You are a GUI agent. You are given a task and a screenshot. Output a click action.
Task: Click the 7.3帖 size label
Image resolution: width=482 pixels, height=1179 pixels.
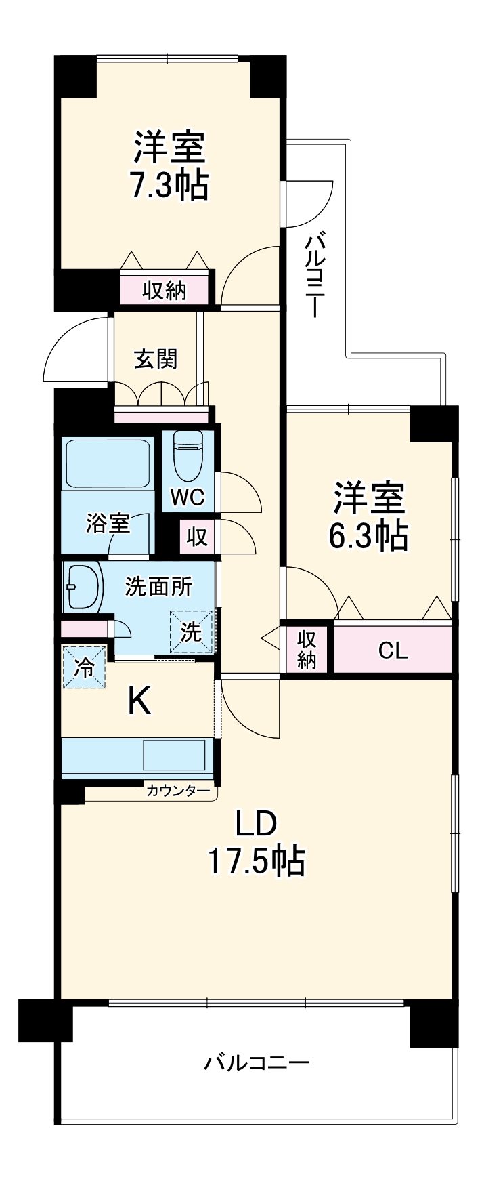(x=169, y=184)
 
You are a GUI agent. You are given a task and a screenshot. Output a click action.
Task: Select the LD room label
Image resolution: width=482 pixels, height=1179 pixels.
(x=256, y=824)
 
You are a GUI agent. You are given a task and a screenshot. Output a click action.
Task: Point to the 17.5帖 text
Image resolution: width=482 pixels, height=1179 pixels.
(x=256, y=862)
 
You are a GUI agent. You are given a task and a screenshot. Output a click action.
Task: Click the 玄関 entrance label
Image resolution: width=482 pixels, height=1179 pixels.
(x=156, y=359)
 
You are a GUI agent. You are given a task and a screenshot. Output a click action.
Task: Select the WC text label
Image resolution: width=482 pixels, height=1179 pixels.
(x=187, y=498)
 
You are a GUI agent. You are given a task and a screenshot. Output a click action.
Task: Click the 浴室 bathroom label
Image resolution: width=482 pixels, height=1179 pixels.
(x=108, y=523)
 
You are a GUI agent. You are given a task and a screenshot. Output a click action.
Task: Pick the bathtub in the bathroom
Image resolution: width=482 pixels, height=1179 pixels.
(x=106, y=463)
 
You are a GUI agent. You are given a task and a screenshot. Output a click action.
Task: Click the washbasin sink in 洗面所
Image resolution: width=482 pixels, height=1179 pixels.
(x=83, y=587)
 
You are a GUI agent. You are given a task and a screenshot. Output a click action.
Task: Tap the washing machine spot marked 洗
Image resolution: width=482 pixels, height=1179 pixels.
(x=191, y=632)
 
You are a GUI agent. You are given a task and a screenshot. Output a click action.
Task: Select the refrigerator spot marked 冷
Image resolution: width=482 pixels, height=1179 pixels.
(x=85, y=667)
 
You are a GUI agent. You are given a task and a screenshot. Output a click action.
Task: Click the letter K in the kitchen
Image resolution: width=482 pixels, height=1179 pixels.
(x=139, y=703)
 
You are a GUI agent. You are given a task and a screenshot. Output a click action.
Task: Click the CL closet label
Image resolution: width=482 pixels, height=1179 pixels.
(x=393, y=651)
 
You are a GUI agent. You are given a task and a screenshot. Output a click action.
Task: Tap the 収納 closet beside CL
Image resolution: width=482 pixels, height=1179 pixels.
(x=307, y=650)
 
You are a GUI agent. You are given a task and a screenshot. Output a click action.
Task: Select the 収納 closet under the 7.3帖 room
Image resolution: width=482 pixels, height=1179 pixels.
(x=165, y=291)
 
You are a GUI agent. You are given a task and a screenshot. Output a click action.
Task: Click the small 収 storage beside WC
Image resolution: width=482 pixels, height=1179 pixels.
(x=196, y=537)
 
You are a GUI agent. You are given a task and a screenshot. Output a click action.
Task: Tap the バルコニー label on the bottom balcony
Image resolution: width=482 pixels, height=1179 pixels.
(x=257, y=1062)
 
